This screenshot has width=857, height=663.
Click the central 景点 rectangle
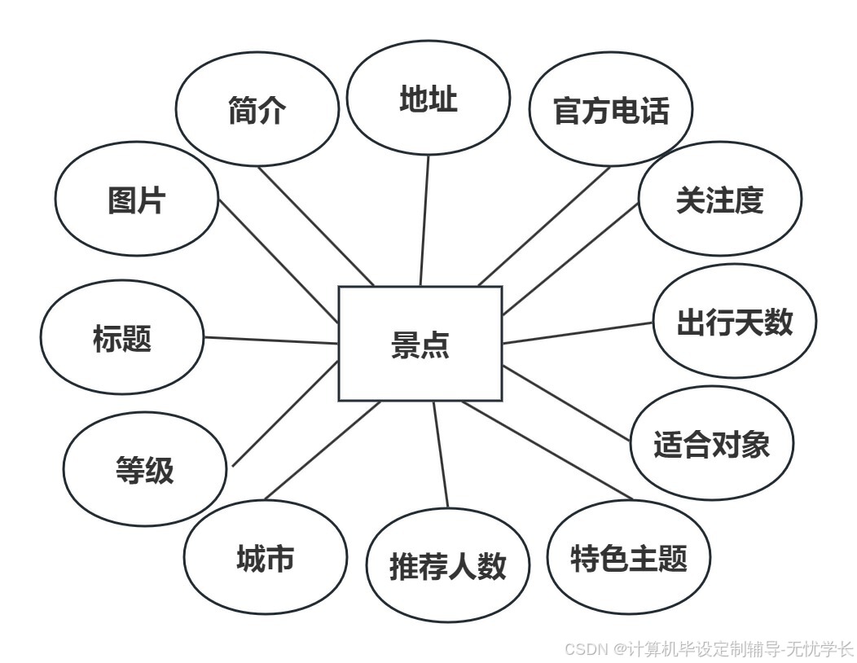point(420,344)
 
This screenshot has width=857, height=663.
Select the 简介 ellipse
point(257,110)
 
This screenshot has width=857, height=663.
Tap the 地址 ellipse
point(428,99)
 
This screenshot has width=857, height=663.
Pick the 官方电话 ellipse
point(611,110)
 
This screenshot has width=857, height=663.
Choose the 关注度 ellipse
point(719,200)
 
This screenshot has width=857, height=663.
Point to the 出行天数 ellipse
point(734,321)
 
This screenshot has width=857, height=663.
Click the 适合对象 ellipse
point(711,443)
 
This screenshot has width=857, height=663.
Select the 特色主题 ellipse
point(629,558)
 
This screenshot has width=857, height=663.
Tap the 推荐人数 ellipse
point(448,564)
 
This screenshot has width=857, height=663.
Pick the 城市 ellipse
point(266,559)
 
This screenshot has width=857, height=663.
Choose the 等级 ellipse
point(145,469)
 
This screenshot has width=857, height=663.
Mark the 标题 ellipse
point(122,337)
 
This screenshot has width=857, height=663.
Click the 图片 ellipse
point(137,199)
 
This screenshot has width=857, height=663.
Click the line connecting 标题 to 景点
point(270,340)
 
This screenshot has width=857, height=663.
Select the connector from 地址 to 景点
point(424,220)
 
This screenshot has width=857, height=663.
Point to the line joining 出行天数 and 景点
point(578,332)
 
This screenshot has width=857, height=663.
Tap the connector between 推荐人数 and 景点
point(441,454)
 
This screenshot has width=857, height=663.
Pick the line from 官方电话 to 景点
point(544,226)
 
